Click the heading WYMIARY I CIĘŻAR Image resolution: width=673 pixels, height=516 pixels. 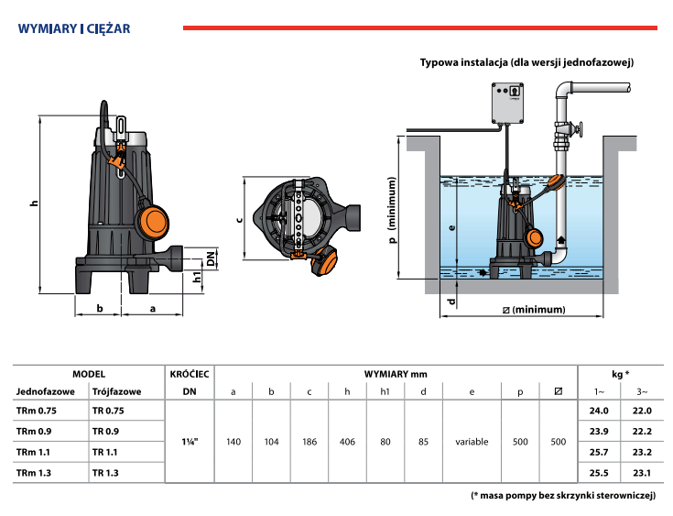click(x=73, y=28)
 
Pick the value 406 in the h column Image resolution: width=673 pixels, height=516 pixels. click(x=347, y=442)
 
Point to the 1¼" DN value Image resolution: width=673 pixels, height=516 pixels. click(x=190, y=442)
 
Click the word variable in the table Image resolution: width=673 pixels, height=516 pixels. click(x=472, y=442)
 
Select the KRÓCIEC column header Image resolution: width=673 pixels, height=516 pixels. click(x=190, y=374)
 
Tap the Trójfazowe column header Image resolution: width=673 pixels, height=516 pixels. click(x=115, y=391)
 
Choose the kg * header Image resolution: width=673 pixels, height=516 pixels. click(x=619, y=374)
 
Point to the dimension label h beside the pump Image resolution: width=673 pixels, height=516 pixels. click(x=33, y=203)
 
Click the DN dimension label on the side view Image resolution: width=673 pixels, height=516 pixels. click(x=211, y=258)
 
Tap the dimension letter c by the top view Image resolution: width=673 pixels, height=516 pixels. click(x=238, y=218)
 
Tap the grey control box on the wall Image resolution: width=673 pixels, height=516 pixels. click(x=509, y=104)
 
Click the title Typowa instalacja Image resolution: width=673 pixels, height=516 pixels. click(x=526, y=62)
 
